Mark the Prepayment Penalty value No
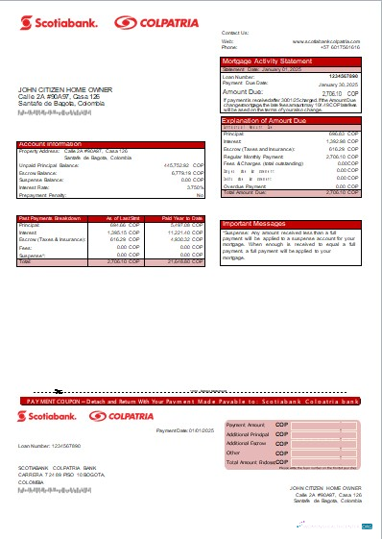[x=200, y=194]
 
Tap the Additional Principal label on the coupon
[x=247, y=434]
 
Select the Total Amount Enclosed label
[x=251, y=463]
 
